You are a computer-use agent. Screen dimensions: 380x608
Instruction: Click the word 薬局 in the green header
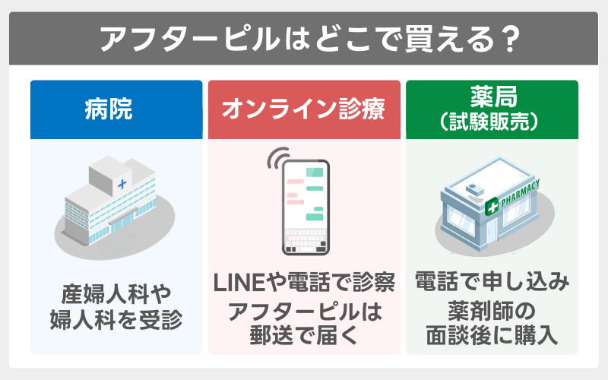tap(491, 97)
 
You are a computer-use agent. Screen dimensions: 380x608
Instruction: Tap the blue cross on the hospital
tap(122, 183)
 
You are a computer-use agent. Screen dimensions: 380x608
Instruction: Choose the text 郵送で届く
tap(305, 334)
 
